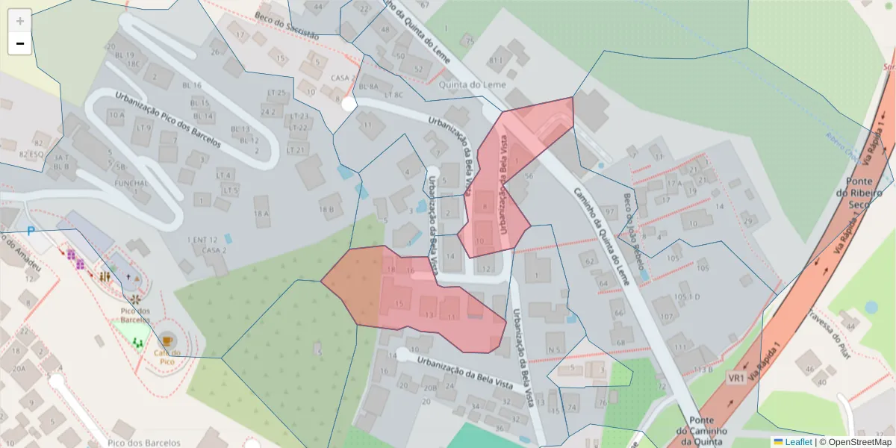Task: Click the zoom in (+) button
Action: [x=19, y=21]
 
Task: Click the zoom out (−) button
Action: [x=19, y=43]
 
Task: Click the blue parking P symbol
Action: [x=31, y=231]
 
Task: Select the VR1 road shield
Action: [x=736, y=378]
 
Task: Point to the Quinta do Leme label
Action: [x=473, y=84]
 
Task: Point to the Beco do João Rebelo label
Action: [x=633, y=231]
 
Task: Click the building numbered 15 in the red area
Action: [x=400, y=303]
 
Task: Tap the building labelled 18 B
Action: [x=326, y=209]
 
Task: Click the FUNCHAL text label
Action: [x=131, y=183]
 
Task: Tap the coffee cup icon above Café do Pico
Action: [x=167, y=341]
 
